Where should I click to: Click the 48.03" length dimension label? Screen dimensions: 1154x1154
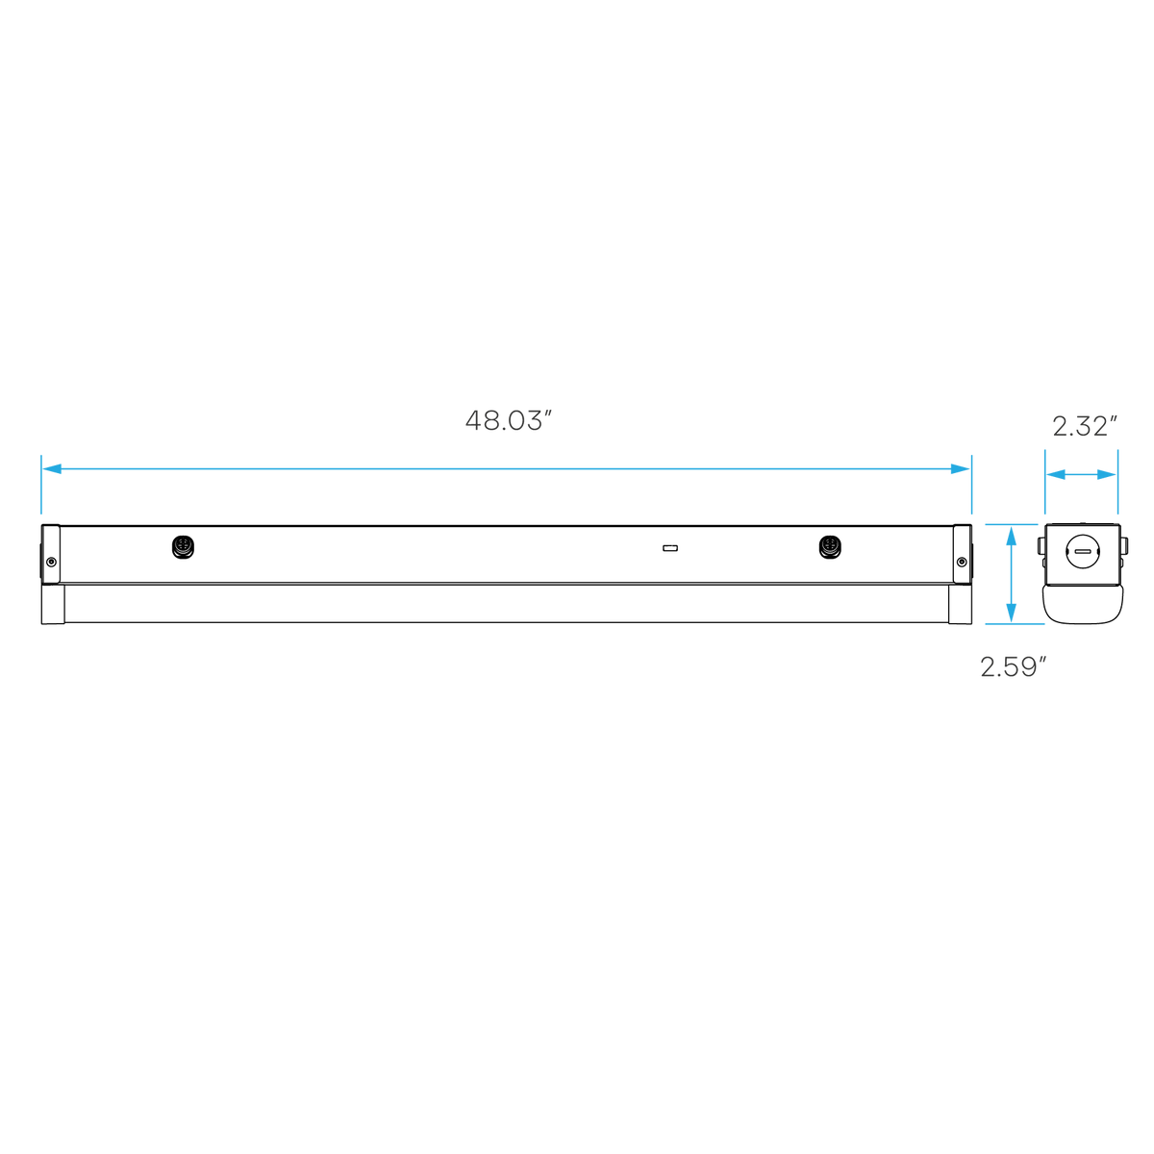[508, 420]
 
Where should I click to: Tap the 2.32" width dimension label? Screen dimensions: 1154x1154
[1085, 426]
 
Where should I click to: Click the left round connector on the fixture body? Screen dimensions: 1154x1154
[184, 547]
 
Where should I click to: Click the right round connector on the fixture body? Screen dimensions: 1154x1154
[830, 547]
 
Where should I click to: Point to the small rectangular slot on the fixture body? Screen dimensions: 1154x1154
[670, 548]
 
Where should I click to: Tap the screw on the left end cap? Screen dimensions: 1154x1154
[52, 562]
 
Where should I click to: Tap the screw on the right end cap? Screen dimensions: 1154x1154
[962, 562]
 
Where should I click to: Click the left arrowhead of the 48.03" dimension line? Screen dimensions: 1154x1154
[52, 469]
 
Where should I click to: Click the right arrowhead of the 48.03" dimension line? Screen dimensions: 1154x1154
[960, 469]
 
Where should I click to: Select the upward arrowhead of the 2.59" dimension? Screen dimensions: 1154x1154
[1012, 536]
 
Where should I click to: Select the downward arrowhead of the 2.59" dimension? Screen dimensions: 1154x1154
[1012, 613]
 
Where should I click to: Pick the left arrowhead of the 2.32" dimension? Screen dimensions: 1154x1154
[1056, 475]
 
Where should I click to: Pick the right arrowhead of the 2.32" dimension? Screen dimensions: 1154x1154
[1107, 475]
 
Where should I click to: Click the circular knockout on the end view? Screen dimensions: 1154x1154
[1084, 552]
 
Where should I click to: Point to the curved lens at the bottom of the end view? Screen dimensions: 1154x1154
[1083, 605]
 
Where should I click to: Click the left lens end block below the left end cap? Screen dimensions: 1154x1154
[53, 604]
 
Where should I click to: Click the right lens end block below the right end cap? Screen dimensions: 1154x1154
[960, 604]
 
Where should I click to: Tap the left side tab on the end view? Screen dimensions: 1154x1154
[1041, 545]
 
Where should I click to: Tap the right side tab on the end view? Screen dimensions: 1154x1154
[1124, 545]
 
